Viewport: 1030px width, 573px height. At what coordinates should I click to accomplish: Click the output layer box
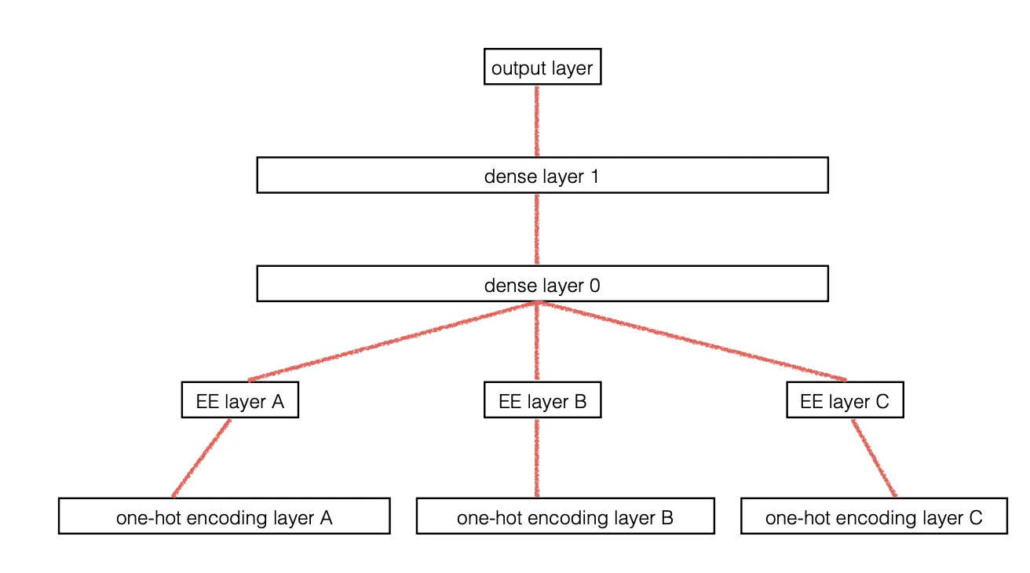point(542,69)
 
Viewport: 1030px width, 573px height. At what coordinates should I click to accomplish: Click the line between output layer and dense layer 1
point(537,121)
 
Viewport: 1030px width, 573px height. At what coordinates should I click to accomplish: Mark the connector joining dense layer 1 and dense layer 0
point(537,229)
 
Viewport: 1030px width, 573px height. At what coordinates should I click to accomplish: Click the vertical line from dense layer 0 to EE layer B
point(537,342)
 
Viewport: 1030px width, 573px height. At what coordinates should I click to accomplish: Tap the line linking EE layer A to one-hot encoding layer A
point(201,458)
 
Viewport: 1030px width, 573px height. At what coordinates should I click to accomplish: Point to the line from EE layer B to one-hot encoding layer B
point(537,458)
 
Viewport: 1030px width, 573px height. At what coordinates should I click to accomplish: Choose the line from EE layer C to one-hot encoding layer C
point(874,458)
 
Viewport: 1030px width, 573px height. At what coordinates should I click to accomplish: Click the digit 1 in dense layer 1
point(594,176)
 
